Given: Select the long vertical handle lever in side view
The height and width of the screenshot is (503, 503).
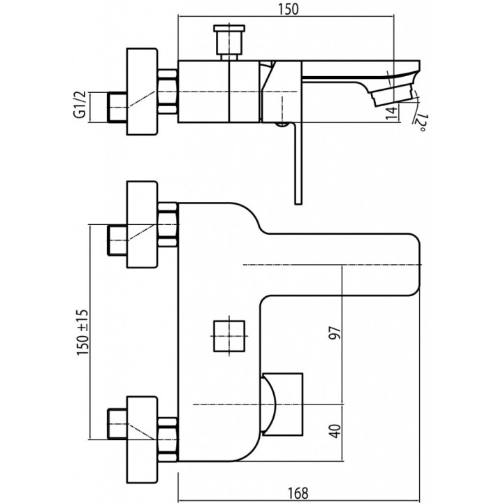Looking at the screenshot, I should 296,164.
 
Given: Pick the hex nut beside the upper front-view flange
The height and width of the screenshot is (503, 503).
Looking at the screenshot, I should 168,224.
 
